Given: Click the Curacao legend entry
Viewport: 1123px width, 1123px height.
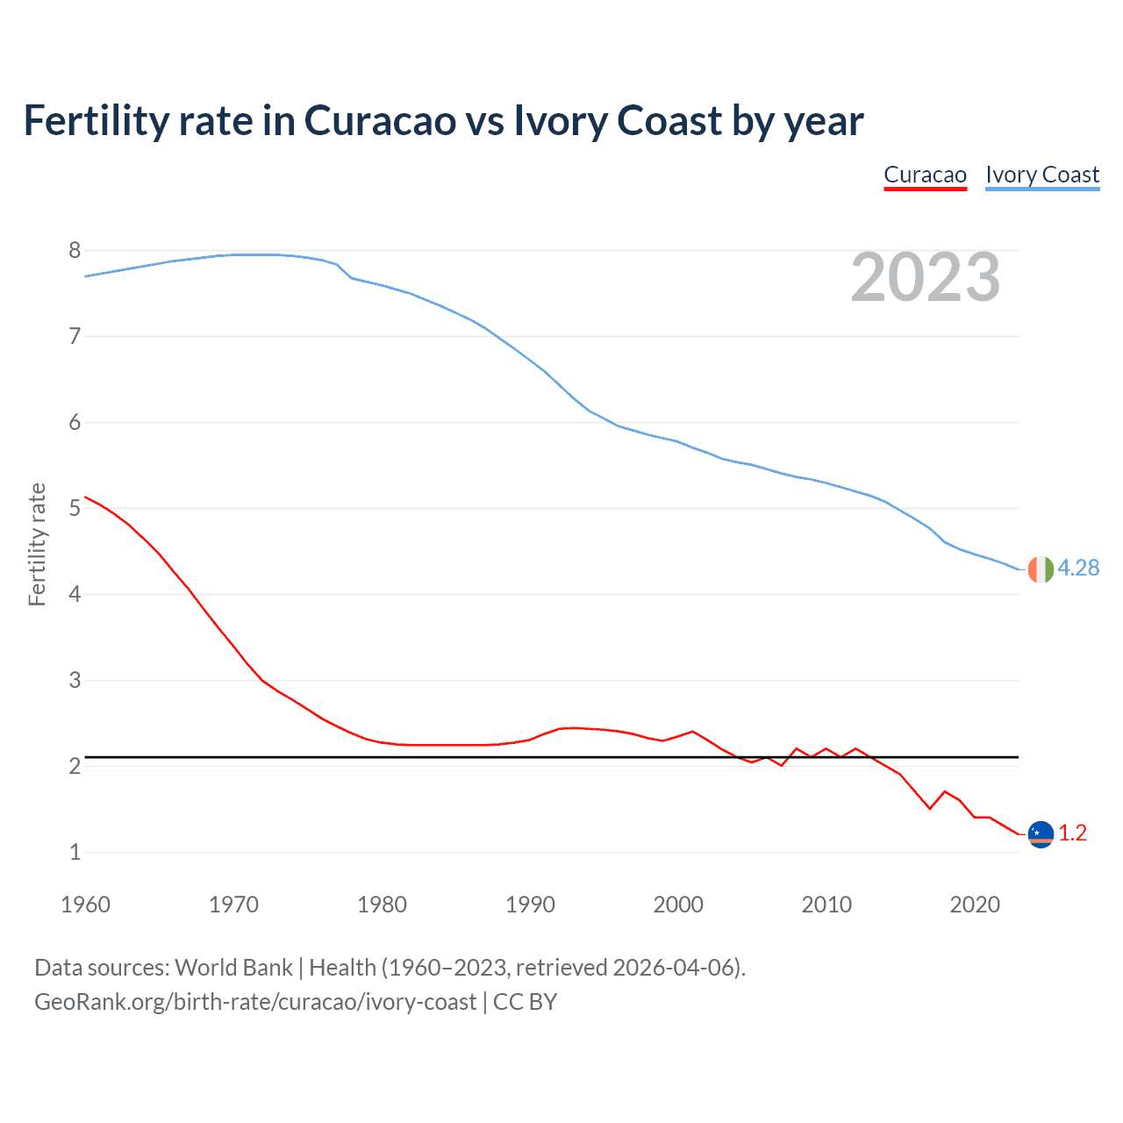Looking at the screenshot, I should (x=925, y=175).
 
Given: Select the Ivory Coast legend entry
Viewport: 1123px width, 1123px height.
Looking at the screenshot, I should (x=1042, y=175).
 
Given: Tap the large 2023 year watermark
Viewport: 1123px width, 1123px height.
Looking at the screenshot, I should (x=925, y=277).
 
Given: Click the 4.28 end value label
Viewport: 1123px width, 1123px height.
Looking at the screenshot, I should (x=1078, y=569).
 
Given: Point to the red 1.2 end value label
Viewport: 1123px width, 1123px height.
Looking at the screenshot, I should (x=1072, y=833).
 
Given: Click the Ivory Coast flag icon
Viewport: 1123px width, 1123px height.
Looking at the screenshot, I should (x=1040, y=569).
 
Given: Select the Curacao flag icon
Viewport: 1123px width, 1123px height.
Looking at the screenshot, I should (x=1040, y=834).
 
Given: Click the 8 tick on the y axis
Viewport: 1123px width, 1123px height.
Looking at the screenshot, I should (x=75, y=251).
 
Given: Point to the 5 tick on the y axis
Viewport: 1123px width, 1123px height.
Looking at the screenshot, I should (x=75, y=509).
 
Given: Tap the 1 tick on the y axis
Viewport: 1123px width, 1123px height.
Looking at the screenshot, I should (x=75, y=852).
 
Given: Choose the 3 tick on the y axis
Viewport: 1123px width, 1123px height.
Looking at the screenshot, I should (x=75, y=681).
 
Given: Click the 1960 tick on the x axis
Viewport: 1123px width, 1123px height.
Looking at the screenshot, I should (x=85, y=905).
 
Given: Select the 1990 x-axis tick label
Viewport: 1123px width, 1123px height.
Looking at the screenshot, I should (x=530, y=905).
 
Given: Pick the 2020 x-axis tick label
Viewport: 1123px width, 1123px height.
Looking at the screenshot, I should (x=975, y=905).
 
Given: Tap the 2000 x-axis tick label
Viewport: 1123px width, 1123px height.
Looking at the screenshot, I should (x=678, y=905).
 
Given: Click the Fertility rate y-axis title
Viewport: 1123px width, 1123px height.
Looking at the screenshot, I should (x=37, y=544).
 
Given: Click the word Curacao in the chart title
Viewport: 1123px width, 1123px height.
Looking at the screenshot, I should (x=380, y=120).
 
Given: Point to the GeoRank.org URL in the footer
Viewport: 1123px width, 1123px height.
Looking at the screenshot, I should (x=255, y=1002).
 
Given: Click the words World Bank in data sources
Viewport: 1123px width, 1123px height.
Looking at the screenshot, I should (x=233, y=968).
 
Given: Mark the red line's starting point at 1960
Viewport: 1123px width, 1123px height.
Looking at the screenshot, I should (x=86, y=497).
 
